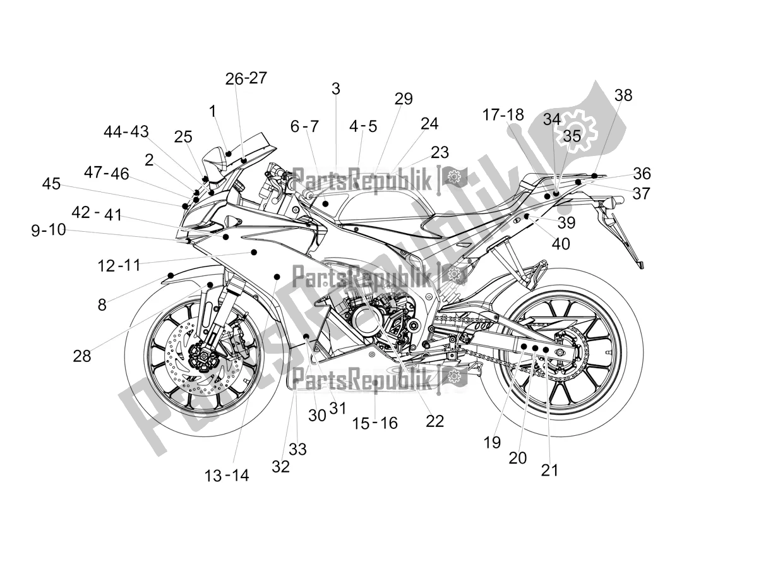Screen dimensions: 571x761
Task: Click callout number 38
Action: pos(623,95)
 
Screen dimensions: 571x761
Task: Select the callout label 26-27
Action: pos(246,78)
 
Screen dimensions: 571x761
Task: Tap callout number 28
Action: pos(82,356)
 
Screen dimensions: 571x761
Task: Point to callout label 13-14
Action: pos(227,476)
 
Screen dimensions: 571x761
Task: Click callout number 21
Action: pos(549,470)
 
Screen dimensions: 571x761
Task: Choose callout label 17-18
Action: pos(503,115)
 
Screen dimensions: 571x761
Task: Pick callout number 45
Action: pos(51,184)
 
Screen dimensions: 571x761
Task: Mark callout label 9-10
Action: pos(49,230)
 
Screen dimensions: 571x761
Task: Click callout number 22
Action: pos(434,421)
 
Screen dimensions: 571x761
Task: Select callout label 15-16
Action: pos(375,423)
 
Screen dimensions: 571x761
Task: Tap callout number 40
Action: pos(560,243)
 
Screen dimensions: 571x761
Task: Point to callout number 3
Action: pos(335,89)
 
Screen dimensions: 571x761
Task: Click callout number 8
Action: pos(102,304)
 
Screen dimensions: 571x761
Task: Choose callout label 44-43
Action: pos(126,132)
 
